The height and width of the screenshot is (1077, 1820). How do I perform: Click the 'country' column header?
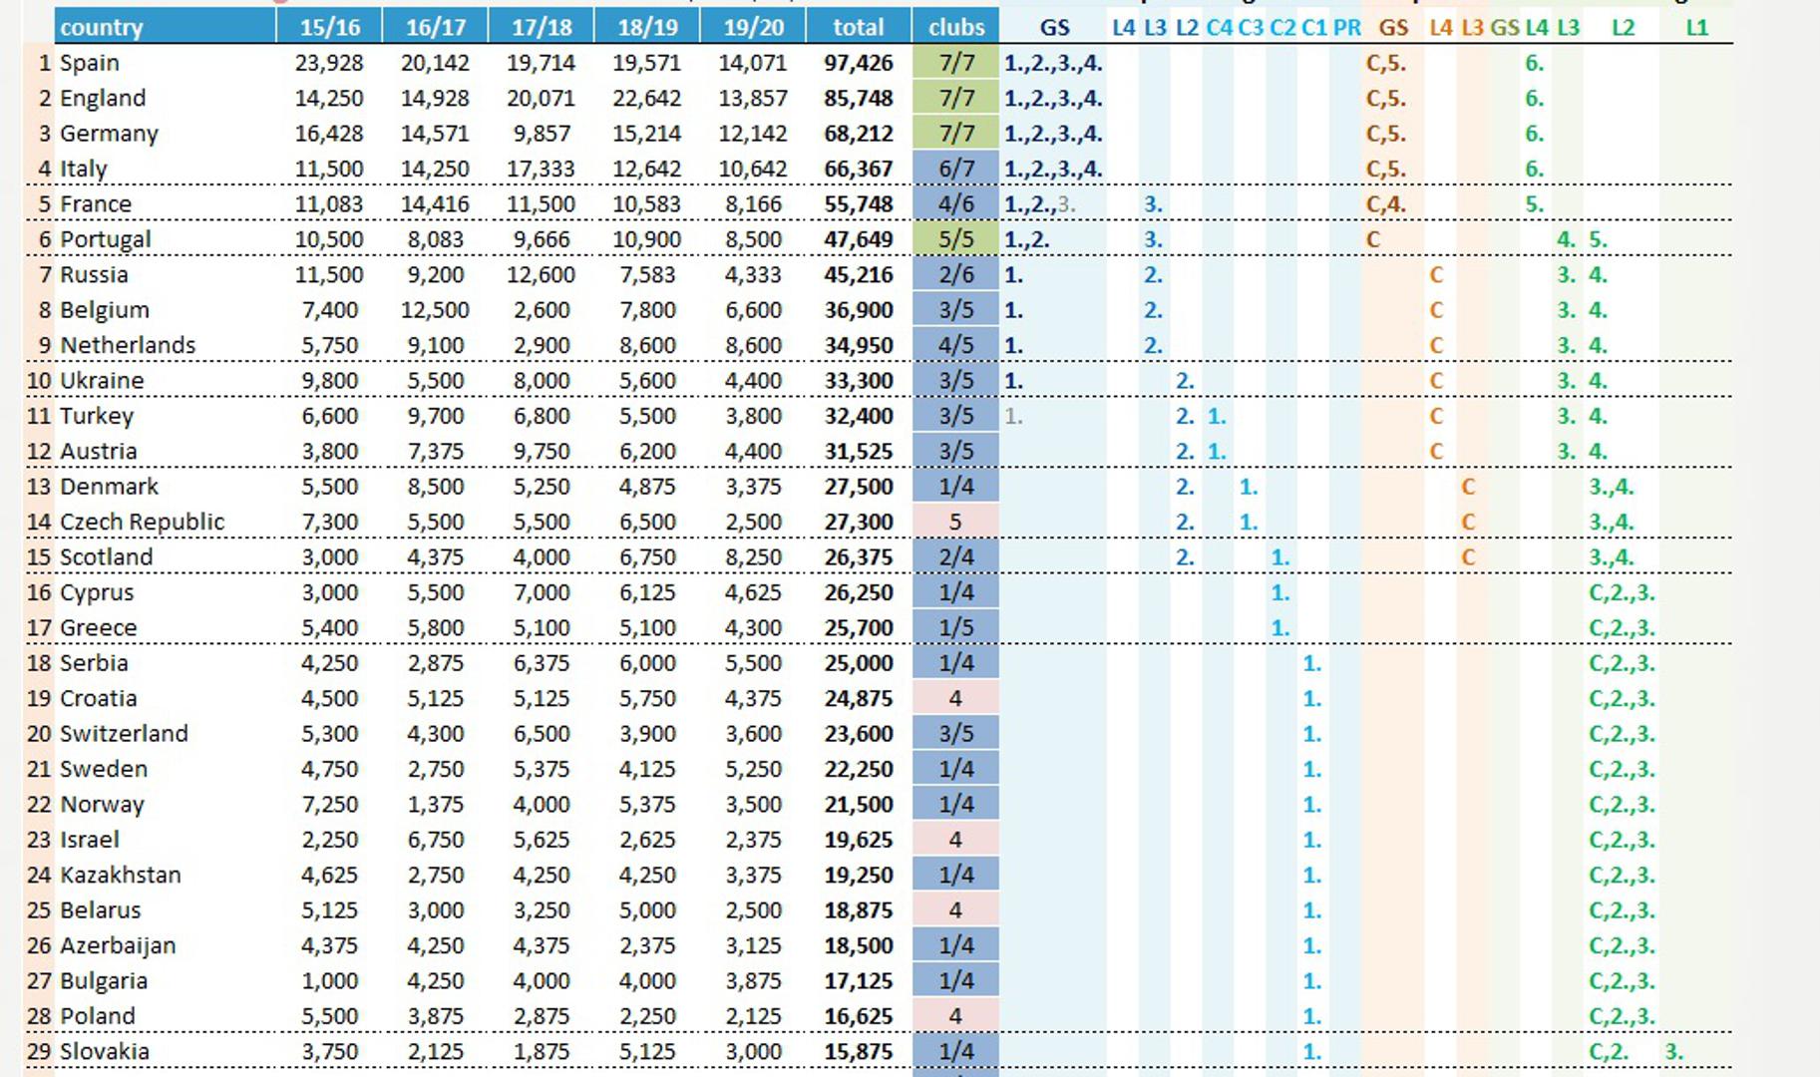pyautogui.click(x=101, y=27)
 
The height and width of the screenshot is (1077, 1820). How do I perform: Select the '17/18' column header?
pyautogui.click(x=541, y=27)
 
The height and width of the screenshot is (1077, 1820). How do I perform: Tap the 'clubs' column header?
pyautogui.click(x=955, y=27)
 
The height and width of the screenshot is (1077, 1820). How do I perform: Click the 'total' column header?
pyautogui.click(x=858, y=27)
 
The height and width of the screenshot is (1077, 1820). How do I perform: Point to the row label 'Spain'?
pyautogui.click(x=89, y=63)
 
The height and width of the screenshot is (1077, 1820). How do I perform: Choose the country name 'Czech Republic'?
pyautogui.click(x=142, y=522)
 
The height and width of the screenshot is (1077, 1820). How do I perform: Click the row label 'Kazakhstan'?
pyautogui.click(x=120, y=875)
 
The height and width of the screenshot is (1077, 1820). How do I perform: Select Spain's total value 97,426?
pyautogui.click(x=858, y=63)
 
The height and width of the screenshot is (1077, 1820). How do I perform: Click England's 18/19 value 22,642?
pyautogui.click(x=646, y=99)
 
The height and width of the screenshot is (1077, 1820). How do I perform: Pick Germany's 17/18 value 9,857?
pyautogui.click(x=542, y=134)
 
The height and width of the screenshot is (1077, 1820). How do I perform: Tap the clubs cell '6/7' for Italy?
pyautogui.click(x=955, y=169)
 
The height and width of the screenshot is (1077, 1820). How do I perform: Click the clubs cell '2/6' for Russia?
pyautogui.click(x=955, y=274)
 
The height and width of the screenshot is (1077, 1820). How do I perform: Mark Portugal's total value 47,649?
pyautogui.click(x=858, y=239)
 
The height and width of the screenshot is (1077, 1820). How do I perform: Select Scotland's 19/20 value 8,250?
pyautogui.click(x=753, y=556)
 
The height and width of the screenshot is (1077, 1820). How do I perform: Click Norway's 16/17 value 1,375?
pyautogui.click(x=435, y=804)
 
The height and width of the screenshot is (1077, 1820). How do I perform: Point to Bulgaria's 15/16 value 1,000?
pyautogui.click(x=329, y=980)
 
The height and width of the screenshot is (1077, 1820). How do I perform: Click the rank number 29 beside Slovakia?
pyautogui.click(x=39, y=1051)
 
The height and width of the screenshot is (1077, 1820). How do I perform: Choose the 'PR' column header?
pyautogui.click(x=1346, y=28)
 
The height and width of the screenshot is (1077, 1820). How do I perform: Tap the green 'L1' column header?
pyautogui.click(x=1696, y=28)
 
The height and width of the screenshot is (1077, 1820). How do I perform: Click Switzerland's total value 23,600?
pyautogui.click(x=858, y=734)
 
